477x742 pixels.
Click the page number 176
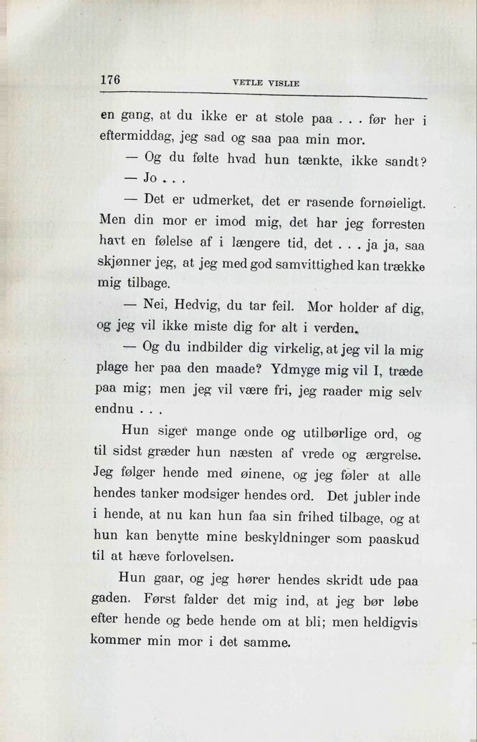click(x=110, y=79)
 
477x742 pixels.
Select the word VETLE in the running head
click(x=246, y=83)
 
